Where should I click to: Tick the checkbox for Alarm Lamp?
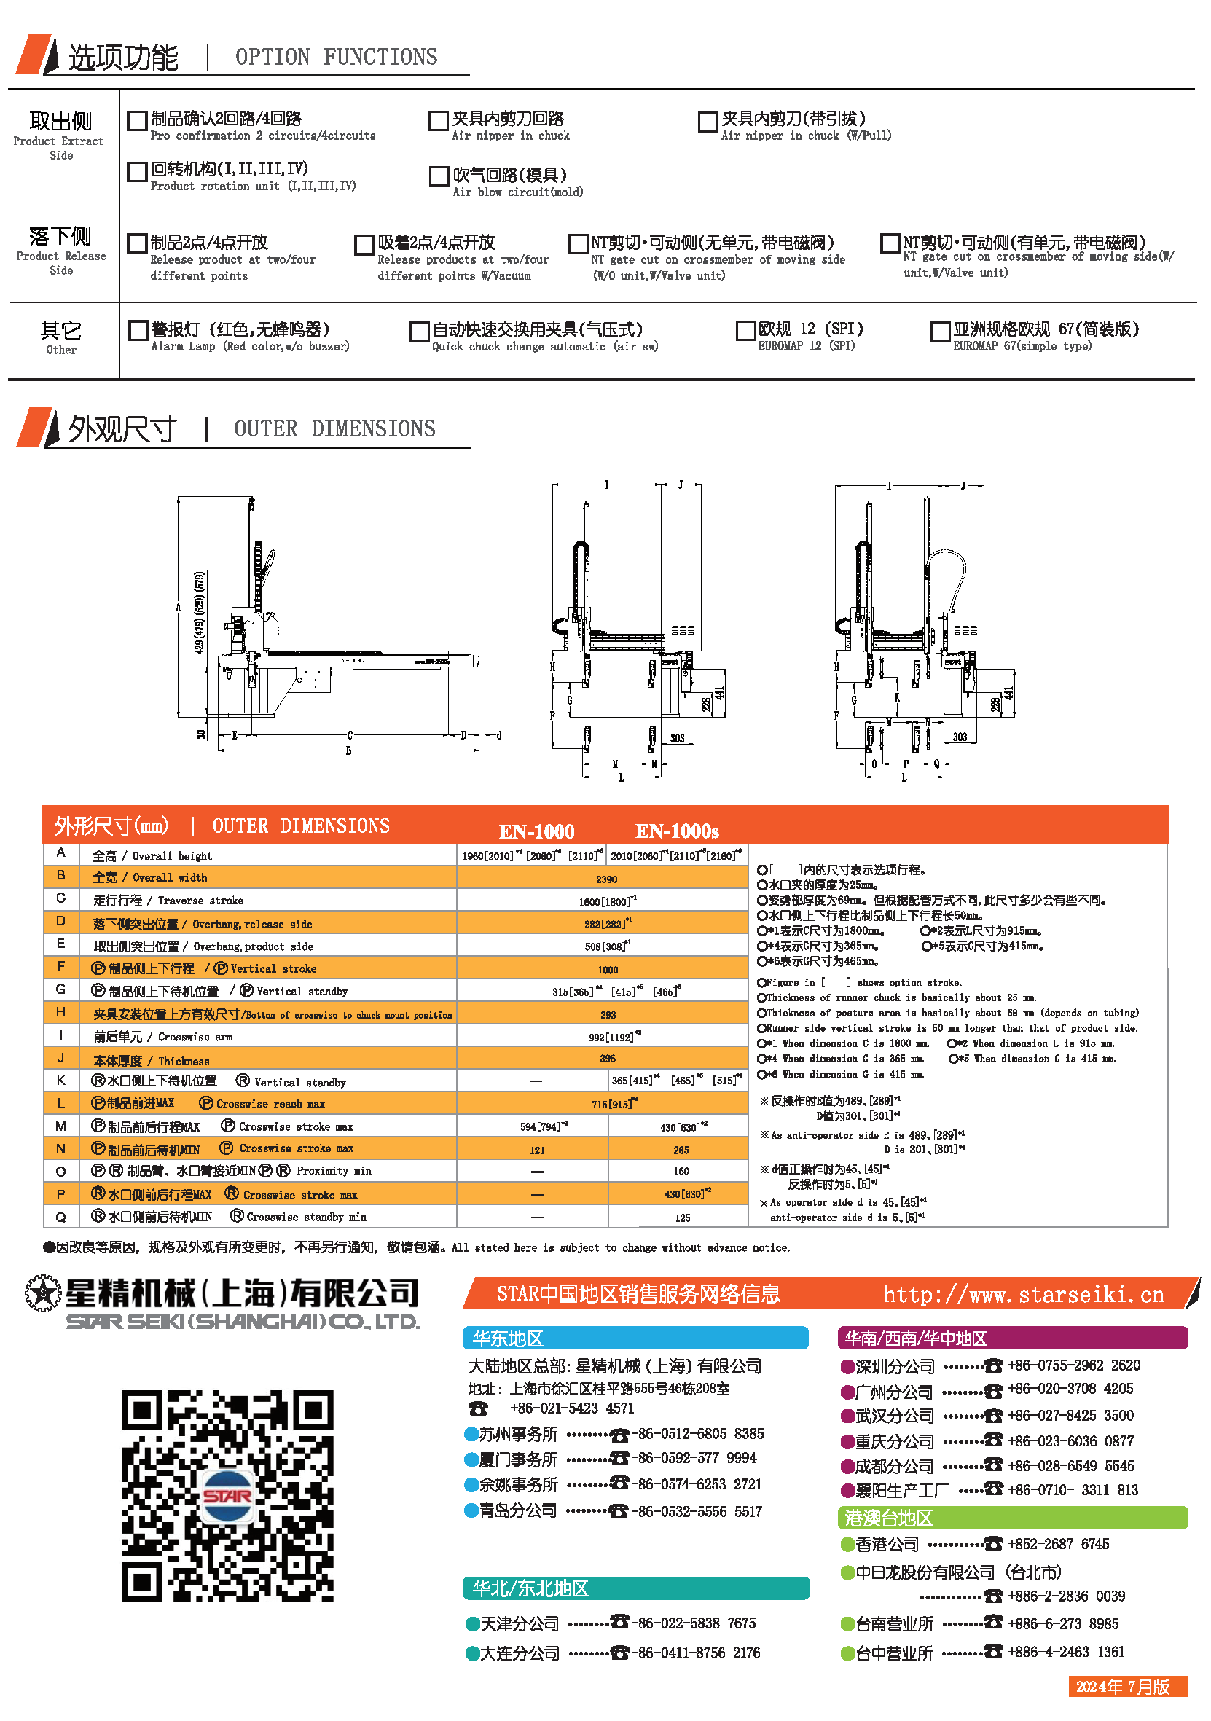coord(138,331)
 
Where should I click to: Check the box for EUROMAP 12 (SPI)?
coord(745,331)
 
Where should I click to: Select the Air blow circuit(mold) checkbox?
coord(439,176)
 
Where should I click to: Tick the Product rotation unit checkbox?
coord(137,172)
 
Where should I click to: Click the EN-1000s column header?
coord(677,831)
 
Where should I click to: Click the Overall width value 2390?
coord(606,879)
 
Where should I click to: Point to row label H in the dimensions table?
coord(60,1013)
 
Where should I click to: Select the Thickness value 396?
coord(607,1059)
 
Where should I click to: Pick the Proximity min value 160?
coord(681,1171)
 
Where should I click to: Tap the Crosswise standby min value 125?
coord(682,1218)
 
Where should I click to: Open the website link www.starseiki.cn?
coord(1023,1295)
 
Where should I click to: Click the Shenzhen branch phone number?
coord(1073,1365)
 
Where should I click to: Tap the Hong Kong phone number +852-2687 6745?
coord(1057,1543)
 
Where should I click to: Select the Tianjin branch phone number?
coord(692,1623)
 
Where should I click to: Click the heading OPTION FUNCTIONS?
coord(336,57)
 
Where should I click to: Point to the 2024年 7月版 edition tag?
coord(1127,1687)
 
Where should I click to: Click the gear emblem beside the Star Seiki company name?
coord(43,1293)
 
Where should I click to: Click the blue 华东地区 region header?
coord(635,1338)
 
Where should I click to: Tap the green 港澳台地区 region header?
coord(1011,1518)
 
